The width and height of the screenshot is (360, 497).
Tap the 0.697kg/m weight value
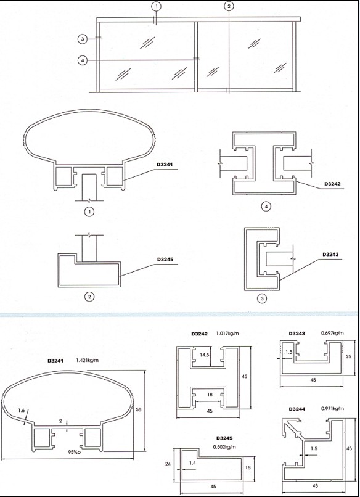coord(332,333)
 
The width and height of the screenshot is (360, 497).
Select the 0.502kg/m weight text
coord(224,447)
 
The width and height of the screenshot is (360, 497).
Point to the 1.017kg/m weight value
coord(227,333)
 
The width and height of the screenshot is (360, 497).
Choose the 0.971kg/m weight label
coord(332,409)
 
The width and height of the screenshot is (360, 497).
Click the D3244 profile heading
coord(297,409)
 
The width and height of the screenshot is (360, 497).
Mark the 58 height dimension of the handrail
coord(138,409)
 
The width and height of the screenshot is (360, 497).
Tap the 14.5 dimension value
coord(205,355)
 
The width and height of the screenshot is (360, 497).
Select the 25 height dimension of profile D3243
coord(348,356)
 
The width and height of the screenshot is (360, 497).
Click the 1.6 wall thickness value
coord(21,411)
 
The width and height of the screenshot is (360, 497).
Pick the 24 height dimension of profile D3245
coord(168,464)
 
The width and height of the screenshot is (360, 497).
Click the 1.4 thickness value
coord(192,463)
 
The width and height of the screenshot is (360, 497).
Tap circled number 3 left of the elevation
coord(83,39)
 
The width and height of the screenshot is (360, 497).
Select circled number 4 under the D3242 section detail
coord(266,207)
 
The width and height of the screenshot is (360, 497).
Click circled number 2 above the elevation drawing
coord(229,6)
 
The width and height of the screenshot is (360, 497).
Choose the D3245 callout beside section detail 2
coord(165,259)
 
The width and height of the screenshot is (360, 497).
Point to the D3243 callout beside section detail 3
coord(330,254)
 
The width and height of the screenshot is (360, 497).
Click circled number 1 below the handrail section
coord(89,212)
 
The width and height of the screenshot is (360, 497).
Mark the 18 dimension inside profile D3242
coord(210,395)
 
